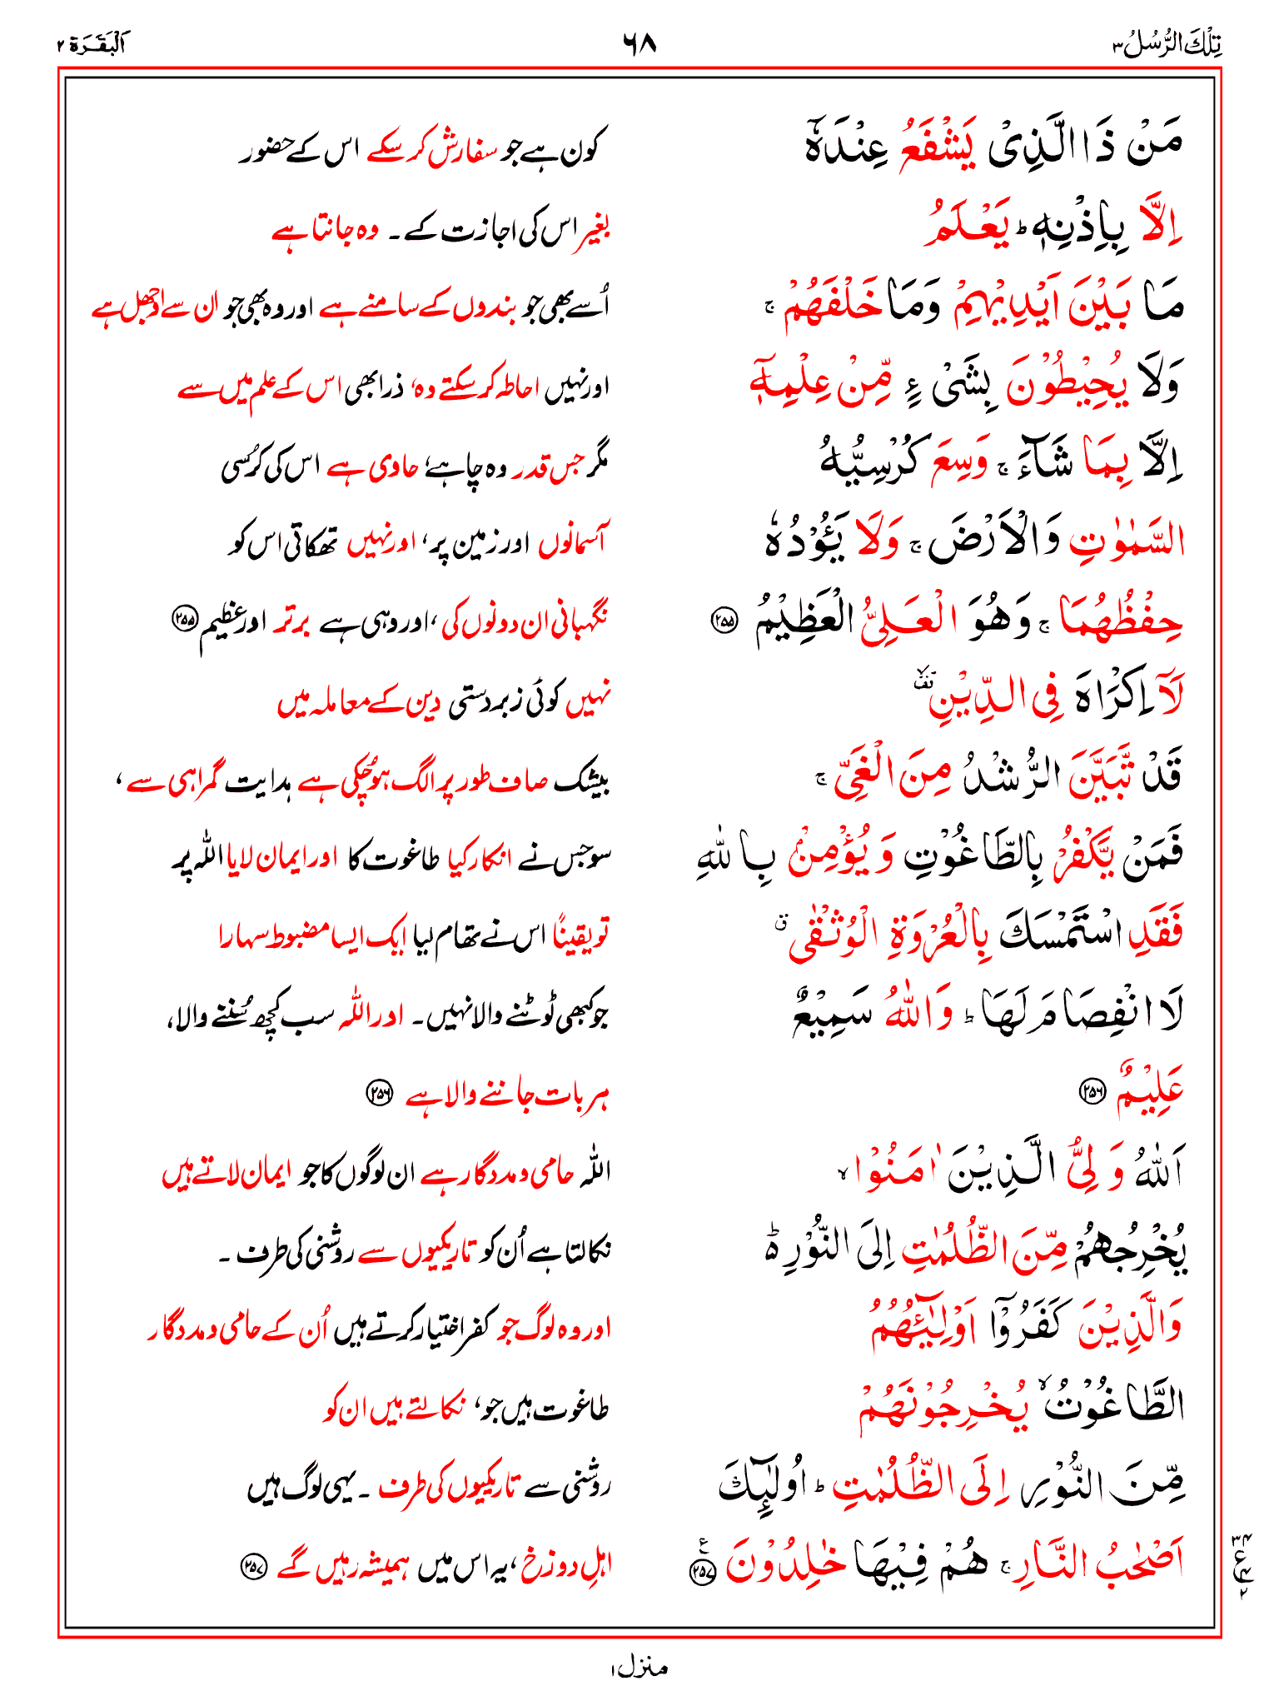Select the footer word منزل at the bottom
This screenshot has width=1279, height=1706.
tap(639, 1667)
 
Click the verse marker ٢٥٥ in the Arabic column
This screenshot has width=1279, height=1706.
tap(724, 620)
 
